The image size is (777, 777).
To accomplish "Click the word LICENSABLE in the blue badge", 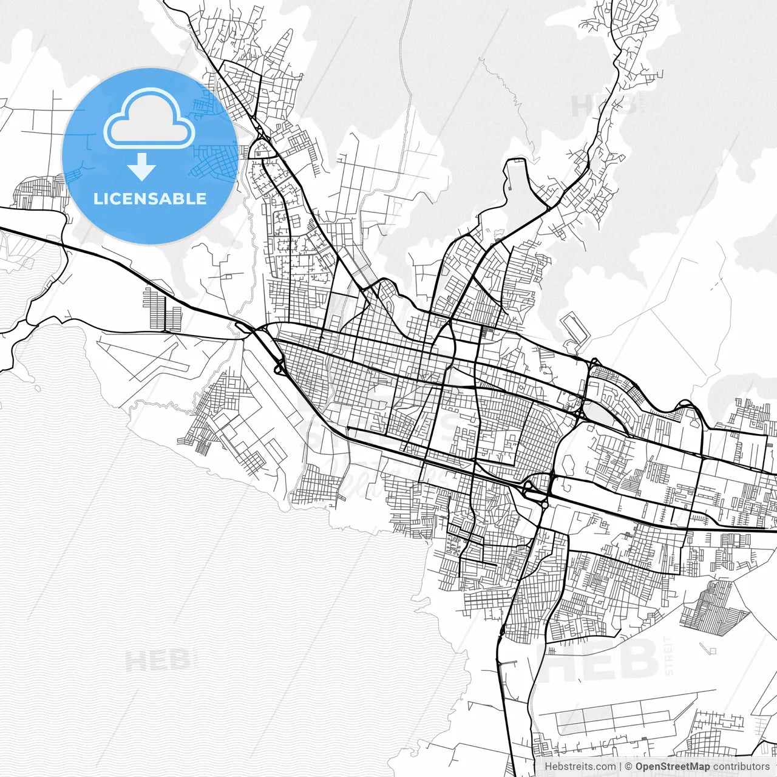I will pyautogui.click(x=150, y=198).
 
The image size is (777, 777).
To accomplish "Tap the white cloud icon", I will pyautogui.click(x=149, y=118).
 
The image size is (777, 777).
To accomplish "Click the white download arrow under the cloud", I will pyautogui.click(x=142, y=167).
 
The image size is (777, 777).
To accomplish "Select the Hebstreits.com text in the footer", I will pyautogui.click(x=579, y=767).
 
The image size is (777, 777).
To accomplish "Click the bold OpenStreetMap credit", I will pyautogui.click(x=673, y=767).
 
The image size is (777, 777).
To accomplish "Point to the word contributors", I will pyautogui.click(x=741, y=767).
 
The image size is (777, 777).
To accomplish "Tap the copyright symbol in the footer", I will pyautogui.click(x=628, y=767).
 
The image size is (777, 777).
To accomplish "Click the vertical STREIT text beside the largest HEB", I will pyautogui.click(x=669, y=656).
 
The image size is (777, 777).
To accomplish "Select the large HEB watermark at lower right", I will pyautogui.click(x=598, y=660).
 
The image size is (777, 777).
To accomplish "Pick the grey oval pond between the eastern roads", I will pyautogui.click(x=568, y=464).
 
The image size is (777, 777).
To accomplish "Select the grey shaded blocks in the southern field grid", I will pyautogui.click(x=583, y=720).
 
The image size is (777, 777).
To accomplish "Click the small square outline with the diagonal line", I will pyautogui.click(x=711, y=650).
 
